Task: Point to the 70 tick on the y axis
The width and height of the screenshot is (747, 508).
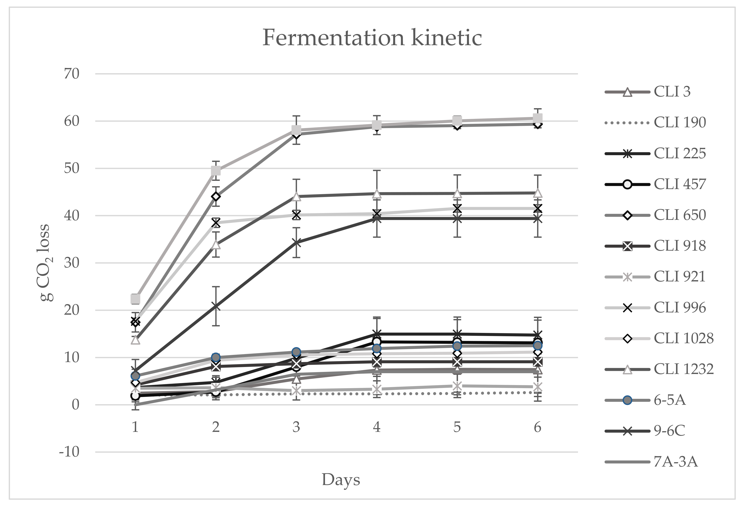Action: pos(71,74)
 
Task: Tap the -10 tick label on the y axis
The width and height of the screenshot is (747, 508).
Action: pos(69,452)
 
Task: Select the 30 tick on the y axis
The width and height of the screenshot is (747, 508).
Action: pos(71,263)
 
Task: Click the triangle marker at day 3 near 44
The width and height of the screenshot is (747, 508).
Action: pos(296,196)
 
